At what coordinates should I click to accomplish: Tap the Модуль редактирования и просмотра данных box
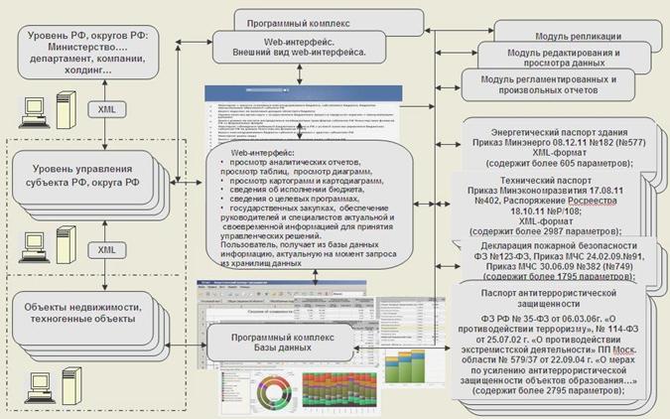[x=563, y=59]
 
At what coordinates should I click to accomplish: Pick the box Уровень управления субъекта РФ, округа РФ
[x=87, y=179]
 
